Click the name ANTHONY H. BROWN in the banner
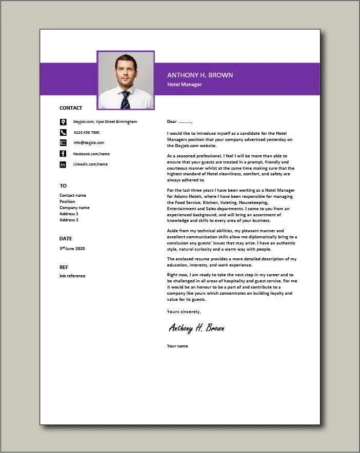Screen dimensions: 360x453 [200, 75]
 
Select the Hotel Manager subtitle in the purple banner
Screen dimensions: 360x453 [185, 85]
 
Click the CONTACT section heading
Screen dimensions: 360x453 [71, 108]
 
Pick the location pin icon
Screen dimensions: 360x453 [63, 122]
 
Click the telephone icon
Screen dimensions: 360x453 [63, 132]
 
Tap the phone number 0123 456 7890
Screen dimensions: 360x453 [86, 132]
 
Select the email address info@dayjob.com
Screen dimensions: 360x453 [89, 142]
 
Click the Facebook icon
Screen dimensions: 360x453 [63, 154]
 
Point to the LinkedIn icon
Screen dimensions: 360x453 [63, 164]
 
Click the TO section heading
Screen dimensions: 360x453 [63, 186]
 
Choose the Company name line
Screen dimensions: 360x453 [74, 208]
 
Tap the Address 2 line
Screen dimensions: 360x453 [69, 220]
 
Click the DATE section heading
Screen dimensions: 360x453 [66, 238]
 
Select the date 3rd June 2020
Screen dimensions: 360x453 [72, 249]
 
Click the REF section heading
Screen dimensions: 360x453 [64, 266]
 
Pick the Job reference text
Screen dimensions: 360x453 [72, 276]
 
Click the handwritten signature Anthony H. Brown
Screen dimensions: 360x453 [196, 328]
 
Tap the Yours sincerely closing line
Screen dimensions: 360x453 [184, 312]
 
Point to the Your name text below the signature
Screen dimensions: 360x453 [177, 346]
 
